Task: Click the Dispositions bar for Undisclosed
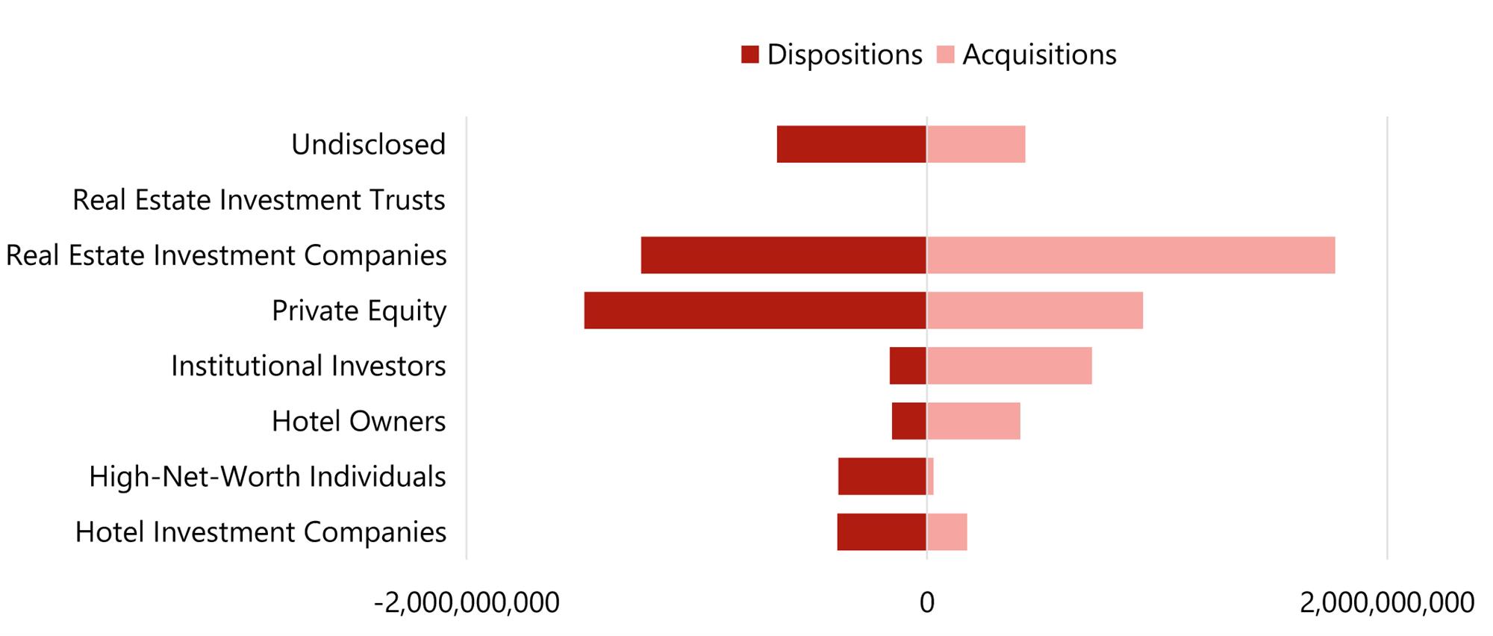pos(851,144)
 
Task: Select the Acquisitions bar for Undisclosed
pos(976,144)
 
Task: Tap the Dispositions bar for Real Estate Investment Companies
pos(783,255)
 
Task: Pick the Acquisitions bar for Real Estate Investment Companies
pos(1130,255)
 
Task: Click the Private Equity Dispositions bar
pos(755,311)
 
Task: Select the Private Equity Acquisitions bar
pos(1035,311)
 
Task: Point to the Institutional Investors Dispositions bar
pos(908,366)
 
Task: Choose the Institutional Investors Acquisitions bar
pos(1009,366)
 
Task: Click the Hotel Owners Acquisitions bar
pos(973,421)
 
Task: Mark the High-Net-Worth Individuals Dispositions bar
pos(882,476)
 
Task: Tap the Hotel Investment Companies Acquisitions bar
pos(947,532)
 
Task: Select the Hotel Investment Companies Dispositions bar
pos(881,532)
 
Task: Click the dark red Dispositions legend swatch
pos(749,54)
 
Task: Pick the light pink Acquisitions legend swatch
pos(945,54)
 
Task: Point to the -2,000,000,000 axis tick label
pos(467,602)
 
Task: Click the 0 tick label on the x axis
pos(926,602)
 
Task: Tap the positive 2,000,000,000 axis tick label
pos(1386,602)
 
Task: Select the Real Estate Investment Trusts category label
pos(259,200)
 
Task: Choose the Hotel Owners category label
pos(358,421)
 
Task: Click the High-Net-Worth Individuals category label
pos(267,476)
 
